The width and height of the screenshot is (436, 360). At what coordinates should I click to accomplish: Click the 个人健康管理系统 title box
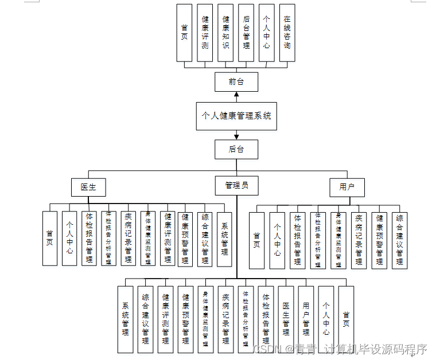236,115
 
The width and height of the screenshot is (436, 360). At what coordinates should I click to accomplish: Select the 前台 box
236,82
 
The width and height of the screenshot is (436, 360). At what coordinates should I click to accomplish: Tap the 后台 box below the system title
236,149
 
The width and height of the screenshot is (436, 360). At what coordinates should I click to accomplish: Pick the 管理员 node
236,186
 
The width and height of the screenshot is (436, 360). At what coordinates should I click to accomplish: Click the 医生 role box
88,187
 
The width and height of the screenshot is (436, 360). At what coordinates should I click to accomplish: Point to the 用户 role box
347,187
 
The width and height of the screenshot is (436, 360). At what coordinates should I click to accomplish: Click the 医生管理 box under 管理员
286,319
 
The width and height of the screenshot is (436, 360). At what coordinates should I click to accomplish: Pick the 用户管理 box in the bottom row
306,319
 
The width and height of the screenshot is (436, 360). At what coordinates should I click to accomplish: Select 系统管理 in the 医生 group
224,238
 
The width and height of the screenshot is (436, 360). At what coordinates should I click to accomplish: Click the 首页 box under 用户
256,240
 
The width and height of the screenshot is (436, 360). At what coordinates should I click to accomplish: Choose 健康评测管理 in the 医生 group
168,238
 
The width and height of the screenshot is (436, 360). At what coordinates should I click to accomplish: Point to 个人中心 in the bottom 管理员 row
326,319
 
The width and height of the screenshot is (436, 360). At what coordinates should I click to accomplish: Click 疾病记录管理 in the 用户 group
359,240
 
